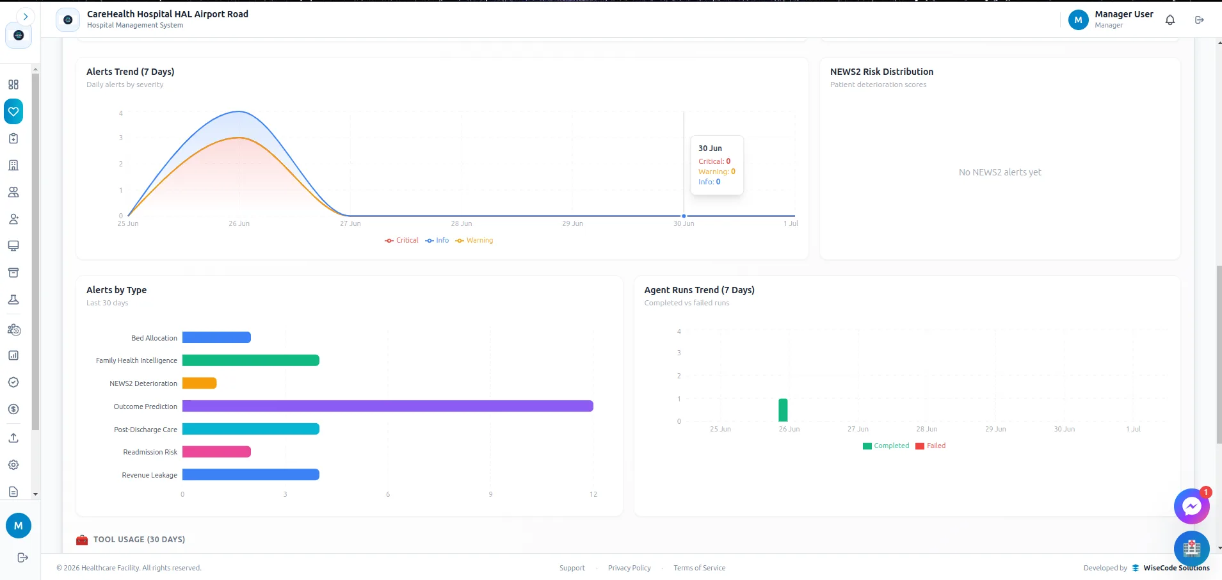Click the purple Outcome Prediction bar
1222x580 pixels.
coord(388,406)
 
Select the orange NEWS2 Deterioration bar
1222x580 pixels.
coord(200,383)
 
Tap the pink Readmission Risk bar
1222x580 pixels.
coord(216,452)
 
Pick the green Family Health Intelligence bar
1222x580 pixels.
coord(251,360)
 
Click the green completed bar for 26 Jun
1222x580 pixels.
coord(783,410)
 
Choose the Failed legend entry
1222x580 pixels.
coord(931,446)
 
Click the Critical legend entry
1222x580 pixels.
coord(401,241)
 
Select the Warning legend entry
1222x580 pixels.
coord(474,241)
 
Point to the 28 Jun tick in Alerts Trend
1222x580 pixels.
coord(462,223)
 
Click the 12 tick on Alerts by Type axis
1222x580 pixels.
coord(593,494)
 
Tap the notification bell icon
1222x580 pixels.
coord(1170,20)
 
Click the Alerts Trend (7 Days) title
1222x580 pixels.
coord(131,72)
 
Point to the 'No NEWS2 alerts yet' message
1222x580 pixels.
coord(1000,172)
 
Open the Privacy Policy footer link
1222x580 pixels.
coord(629,568)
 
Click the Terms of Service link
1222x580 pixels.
coord(700,568)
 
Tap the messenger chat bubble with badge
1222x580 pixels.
coord(1191,506)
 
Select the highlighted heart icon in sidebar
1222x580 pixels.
coord(13,111)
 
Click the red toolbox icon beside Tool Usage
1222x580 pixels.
coord(82,540)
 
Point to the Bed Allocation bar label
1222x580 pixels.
coord(154,338)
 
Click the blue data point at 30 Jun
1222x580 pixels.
coord(684,216)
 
